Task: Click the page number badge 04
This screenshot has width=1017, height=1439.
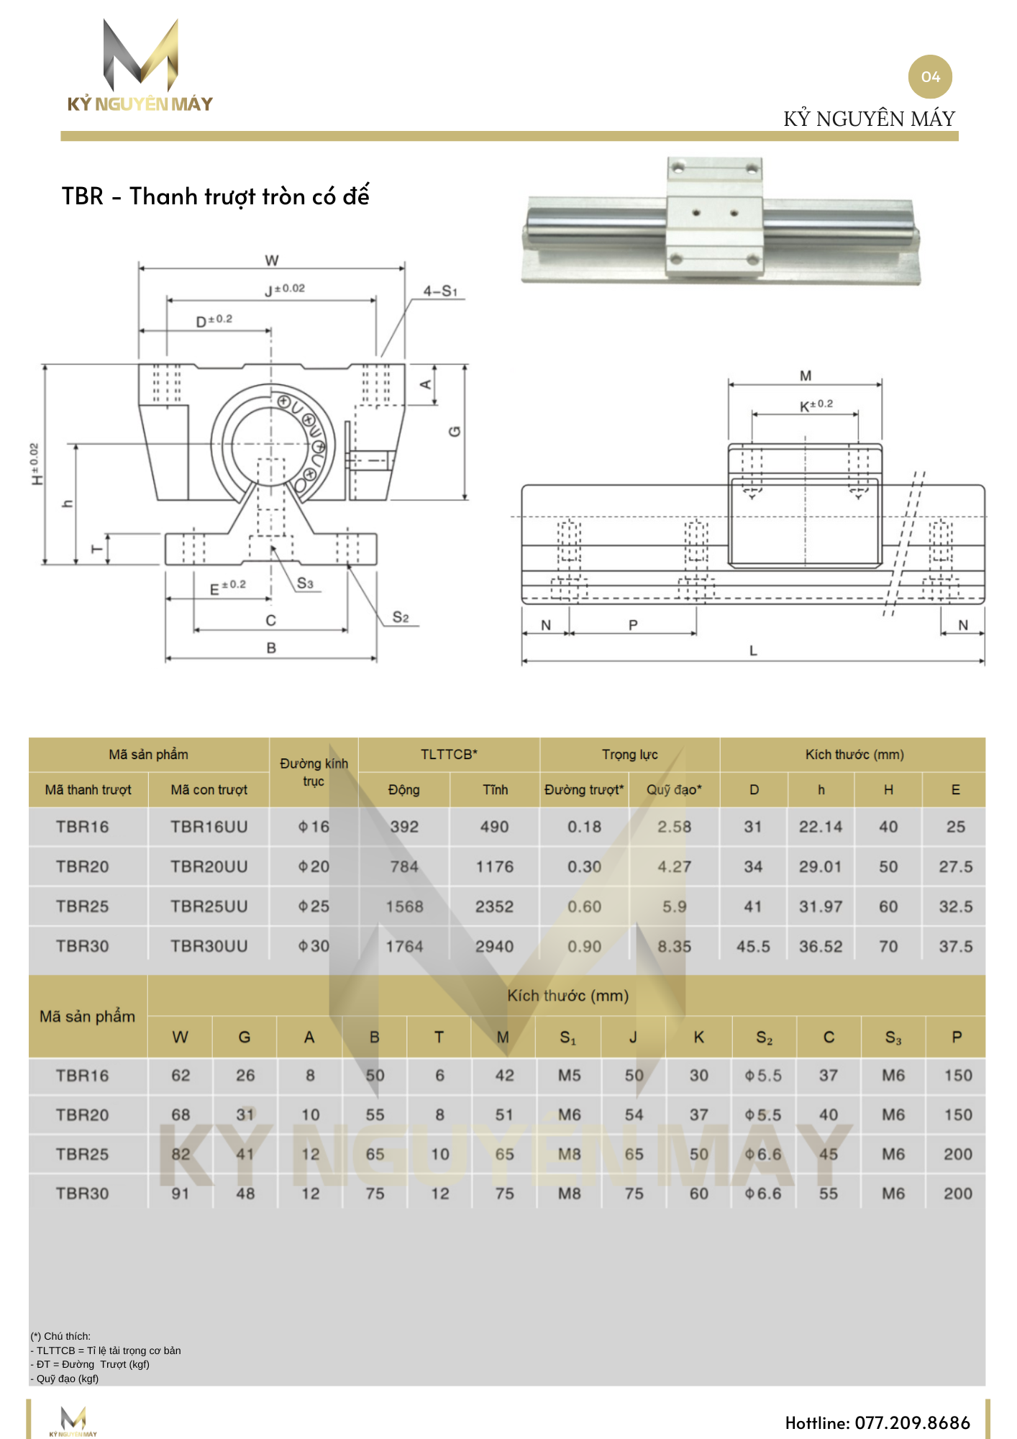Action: pos(930,77)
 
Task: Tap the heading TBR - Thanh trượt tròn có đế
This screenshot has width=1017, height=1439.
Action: pos(215,196)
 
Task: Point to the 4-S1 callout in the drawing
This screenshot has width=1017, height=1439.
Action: pos(440,291)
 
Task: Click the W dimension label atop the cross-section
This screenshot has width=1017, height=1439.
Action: pos(271,260)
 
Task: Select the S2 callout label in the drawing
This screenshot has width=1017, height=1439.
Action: pos(401,617)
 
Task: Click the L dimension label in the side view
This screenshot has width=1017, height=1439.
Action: pos(753,650)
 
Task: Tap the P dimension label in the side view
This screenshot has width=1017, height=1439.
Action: pos(633,625)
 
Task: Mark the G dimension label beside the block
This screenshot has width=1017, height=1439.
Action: pos(455,431)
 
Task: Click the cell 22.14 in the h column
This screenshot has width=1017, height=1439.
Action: pos(820,827)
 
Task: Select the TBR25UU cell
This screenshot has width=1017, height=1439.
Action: pos(209,907)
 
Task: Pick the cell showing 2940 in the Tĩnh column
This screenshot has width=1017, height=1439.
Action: pos(494,947)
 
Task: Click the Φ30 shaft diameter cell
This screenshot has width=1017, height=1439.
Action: pos(314,947)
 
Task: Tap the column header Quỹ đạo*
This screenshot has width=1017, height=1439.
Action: pos(674,790)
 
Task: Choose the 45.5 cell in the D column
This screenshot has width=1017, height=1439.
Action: pos(753,947)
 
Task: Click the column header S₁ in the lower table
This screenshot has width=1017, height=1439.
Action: pos(568,1038)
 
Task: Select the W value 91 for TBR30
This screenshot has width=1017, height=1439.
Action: pos(181,1194)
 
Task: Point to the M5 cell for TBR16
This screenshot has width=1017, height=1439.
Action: pos(569,1076)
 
